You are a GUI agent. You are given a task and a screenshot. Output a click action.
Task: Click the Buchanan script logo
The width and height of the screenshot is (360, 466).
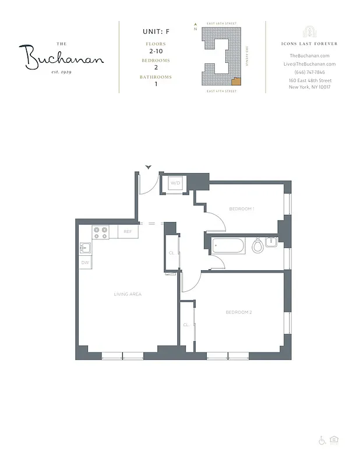64,57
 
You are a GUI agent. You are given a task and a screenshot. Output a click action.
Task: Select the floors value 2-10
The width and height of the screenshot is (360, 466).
156,51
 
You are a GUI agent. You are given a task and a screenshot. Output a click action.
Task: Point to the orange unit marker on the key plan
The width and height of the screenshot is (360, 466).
236,82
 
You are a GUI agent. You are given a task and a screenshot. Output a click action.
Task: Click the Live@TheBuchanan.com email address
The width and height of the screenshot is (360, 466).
309,64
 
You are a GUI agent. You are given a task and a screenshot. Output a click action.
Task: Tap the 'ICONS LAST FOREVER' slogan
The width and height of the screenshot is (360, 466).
309,44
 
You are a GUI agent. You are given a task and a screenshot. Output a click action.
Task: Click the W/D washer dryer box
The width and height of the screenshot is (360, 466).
175,183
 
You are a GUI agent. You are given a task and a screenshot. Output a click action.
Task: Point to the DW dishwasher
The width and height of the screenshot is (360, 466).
85,263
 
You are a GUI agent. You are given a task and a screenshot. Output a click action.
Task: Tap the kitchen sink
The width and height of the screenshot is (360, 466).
84,248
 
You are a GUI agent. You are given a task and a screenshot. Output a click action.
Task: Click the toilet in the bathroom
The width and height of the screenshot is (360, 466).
257,246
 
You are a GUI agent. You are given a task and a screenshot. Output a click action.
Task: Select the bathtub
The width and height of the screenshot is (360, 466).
230,246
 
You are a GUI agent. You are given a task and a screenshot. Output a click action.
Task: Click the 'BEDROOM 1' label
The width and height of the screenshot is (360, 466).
242,209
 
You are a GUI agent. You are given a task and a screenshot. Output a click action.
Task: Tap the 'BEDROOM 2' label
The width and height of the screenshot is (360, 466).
239,313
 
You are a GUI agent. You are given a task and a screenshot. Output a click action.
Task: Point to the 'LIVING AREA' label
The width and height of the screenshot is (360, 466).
128,294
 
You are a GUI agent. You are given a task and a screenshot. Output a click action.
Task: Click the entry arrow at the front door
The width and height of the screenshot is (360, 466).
149,167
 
